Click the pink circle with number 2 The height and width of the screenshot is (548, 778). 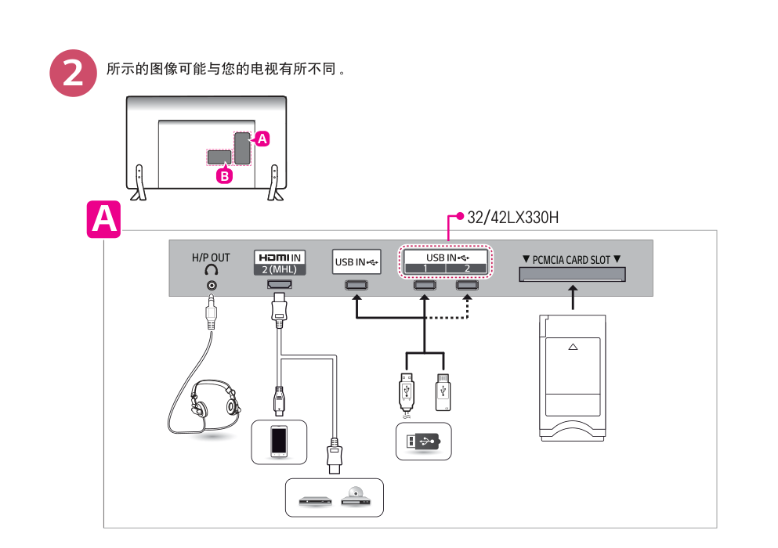pyautogui.click(x=73, y=74)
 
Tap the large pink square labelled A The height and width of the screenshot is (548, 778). pyautogui.click(x=103, y=218)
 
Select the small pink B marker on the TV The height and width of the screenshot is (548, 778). pyautogui.click(x=225, y=176)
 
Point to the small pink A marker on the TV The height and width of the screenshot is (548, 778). pyautogui.click(x=262, y=139)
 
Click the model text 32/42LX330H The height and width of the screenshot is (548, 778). pyautogui.click(x=512, y=217)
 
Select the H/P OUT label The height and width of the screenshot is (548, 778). pyautogui.click(x=211, y=258)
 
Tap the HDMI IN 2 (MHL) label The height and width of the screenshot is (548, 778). pyautogui.click(x=280, y=261)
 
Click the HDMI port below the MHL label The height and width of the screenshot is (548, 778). pyautogui.click(x=279, y=286)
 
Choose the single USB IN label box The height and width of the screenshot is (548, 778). pyautogui.click(x=356, y=262)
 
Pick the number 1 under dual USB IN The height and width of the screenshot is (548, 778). pyautogui.click(x=425, y=269)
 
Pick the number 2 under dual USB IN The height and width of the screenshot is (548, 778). pyautogui.click(x=467, y=269)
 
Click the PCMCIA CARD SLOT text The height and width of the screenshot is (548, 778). pyautogui.click(x=571, y=259)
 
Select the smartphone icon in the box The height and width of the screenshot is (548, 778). pyautogui.click(x=279, y=441)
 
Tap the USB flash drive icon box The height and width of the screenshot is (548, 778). pyautogui.click(x=424, y=442)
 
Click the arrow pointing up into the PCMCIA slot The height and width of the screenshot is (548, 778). pyautogui.click(x=573, y=297)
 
